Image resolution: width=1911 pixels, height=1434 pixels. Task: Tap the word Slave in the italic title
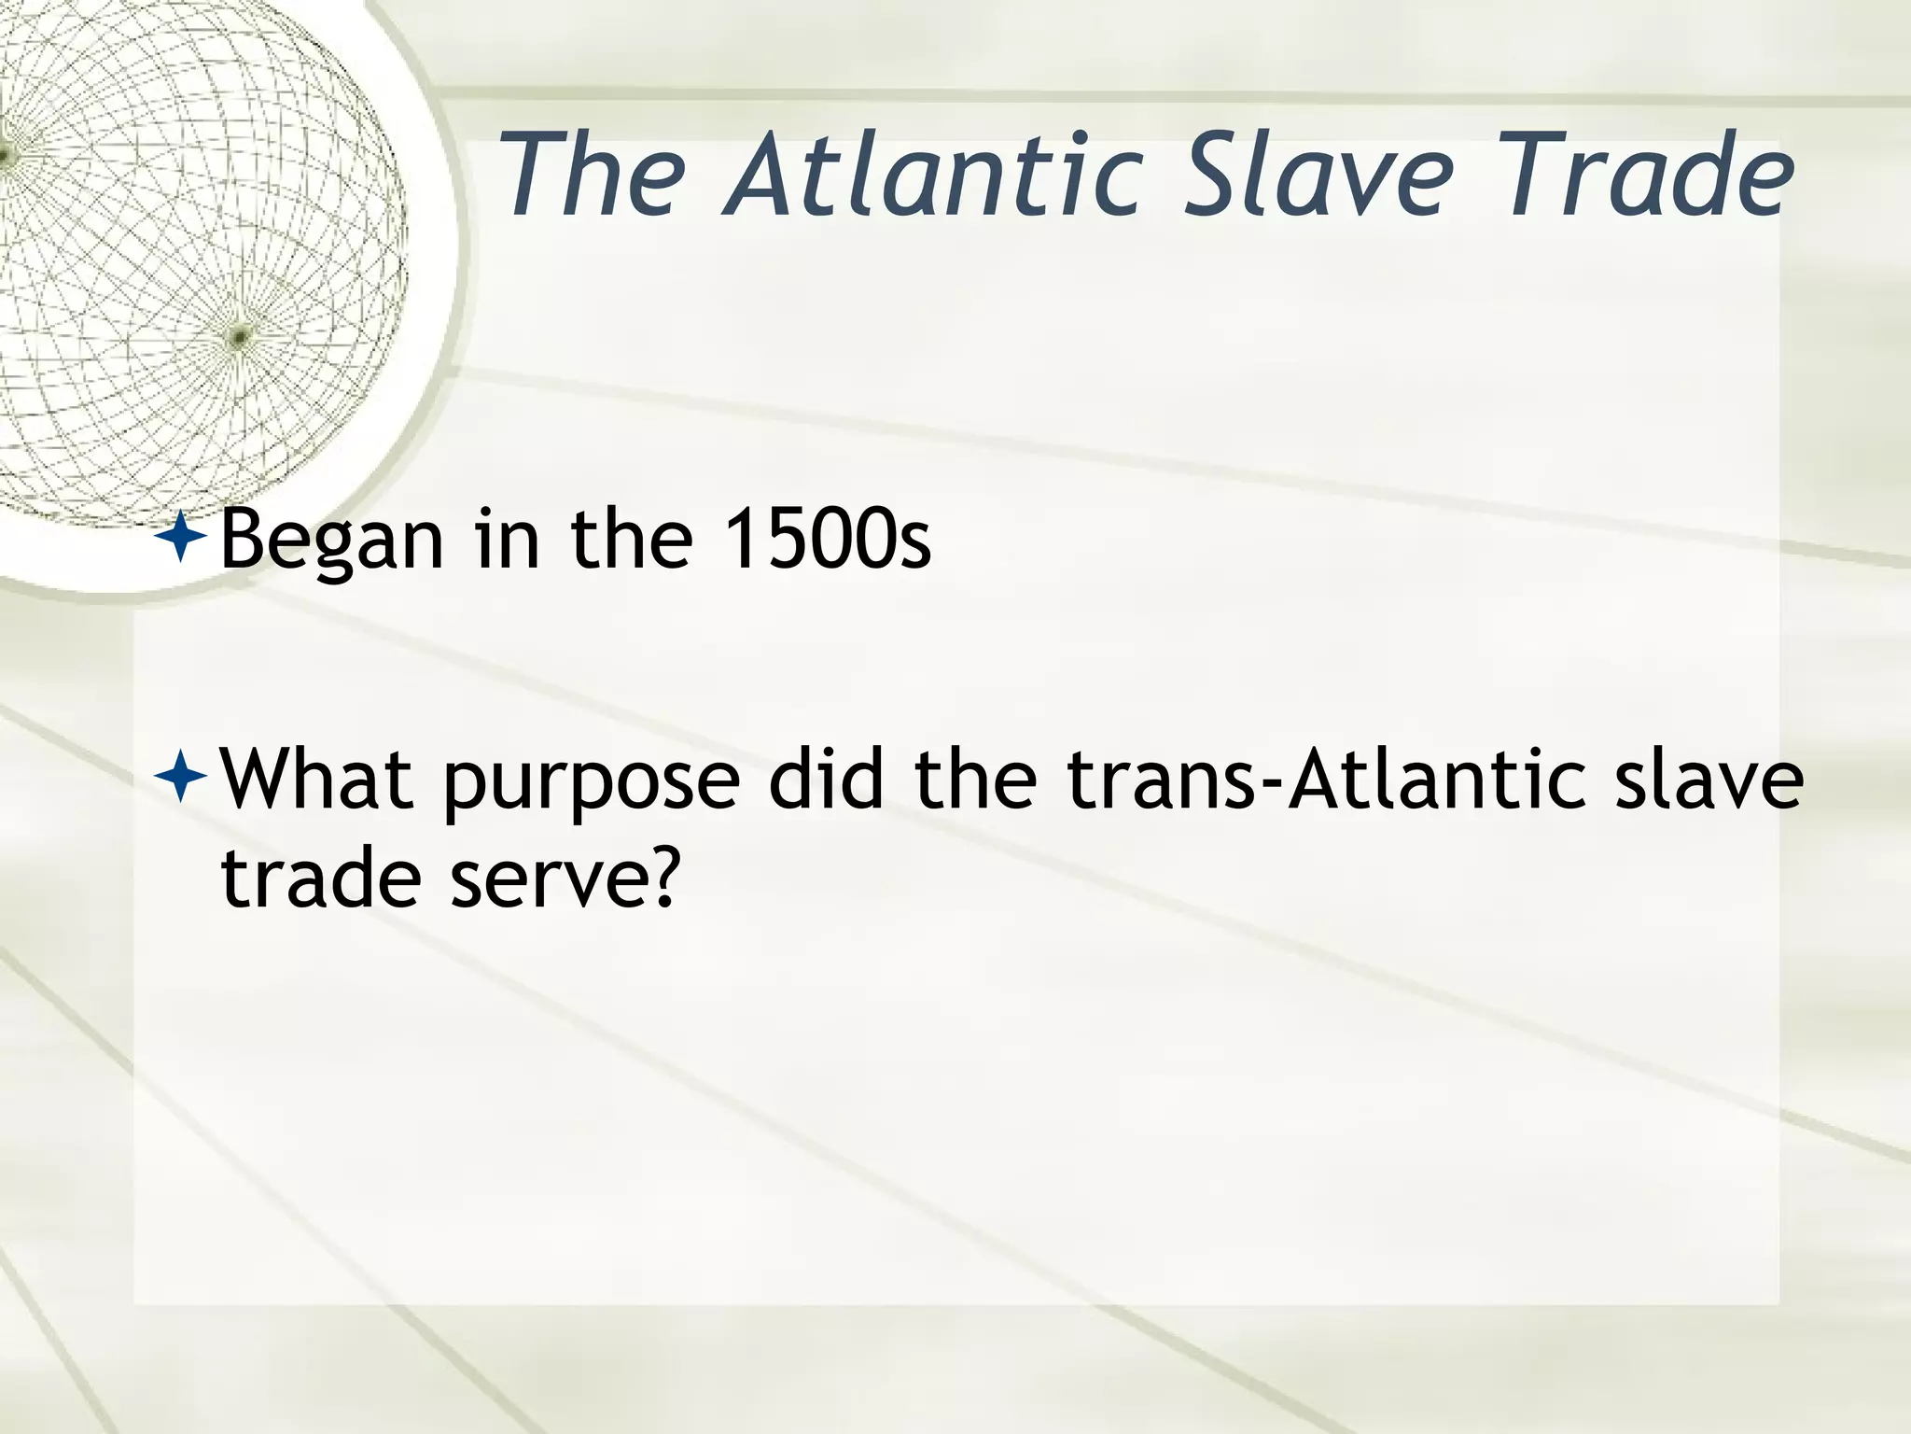1317,175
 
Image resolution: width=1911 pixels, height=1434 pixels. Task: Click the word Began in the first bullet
331,541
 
